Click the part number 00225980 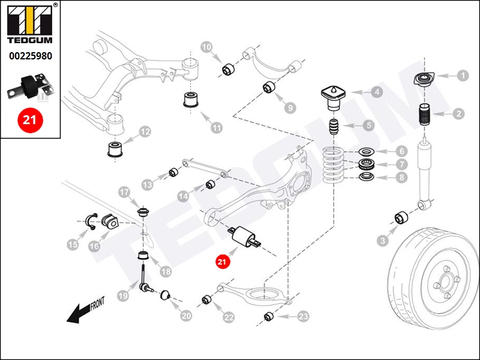[x=31, y=56]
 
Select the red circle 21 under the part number [x=30, y=120]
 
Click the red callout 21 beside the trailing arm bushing [x=222, y=262]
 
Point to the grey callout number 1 [x=463, y=76]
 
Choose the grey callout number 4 [x=377, y=92]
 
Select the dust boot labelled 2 [x=424, y=115]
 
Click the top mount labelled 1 [x=424, y=79]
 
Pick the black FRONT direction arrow [x=79, y=313]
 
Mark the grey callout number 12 [x=145, y=132]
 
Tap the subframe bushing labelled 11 [x=191, y=99]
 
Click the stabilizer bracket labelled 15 [x=92, y=221]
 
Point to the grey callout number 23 [x=303, y=316]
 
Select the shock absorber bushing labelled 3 [x=401, y=218]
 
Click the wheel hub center [x=445, y=282]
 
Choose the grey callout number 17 [x=124, y=192]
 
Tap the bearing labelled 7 [x=367, y=164]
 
